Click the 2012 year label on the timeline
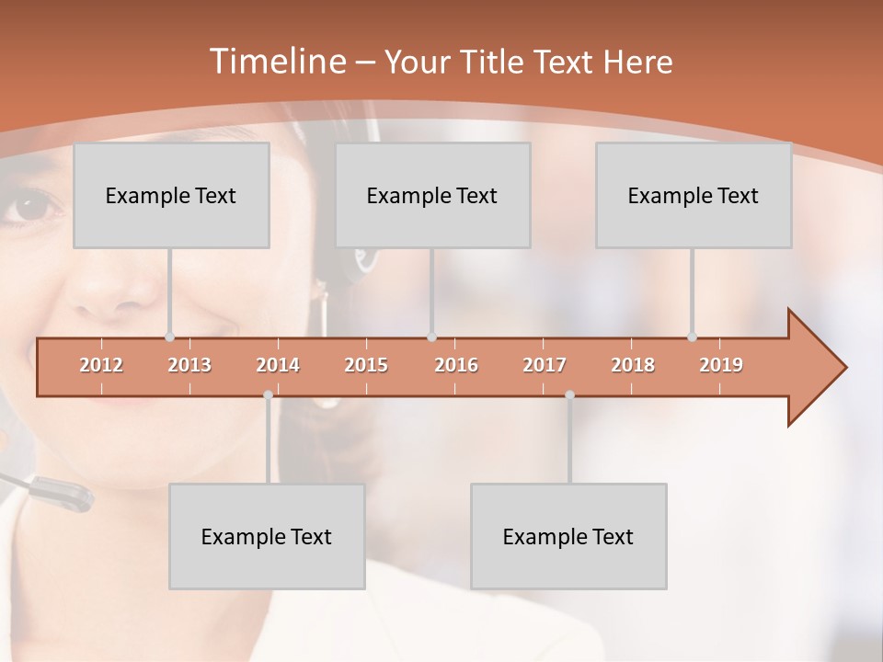pos(101,365)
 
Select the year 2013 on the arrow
pos(189,365)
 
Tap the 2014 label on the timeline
pos(278,365)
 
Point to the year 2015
pos(366,365)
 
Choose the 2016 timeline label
pos(456,365)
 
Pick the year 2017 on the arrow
pos(545,365)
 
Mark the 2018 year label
pos(633,365)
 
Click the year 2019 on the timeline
pos(721,365)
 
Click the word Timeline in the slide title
pos(277,62)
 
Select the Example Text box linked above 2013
pos(171,195)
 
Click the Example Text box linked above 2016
pos(432,195)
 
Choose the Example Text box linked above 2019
pos(694,195)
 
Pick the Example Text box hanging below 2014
pos(267,536)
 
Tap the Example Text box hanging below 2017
pos(568,536)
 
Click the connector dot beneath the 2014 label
pos(268,395)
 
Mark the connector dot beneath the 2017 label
pos(569,395)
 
